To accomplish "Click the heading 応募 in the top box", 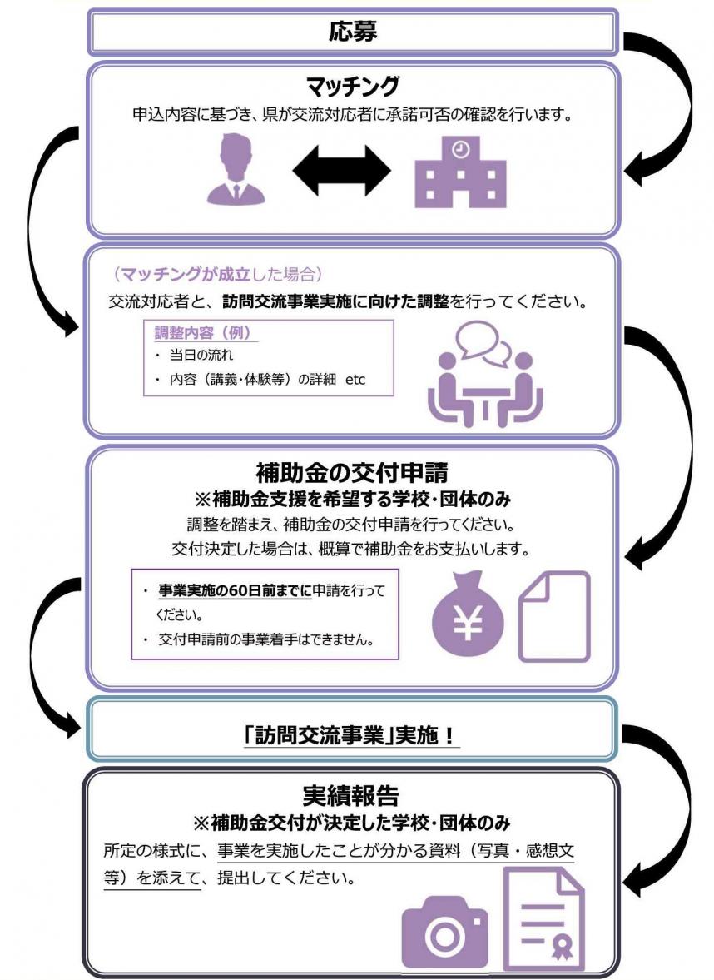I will tap(353, 32).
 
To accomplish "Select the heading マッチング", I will tap(353, 86).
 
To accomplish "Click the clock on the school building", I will tap(461, 150).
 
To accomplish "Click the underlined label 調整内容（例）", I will tap(206, 333).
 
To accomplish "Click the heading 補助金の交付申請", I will tap(353, 474).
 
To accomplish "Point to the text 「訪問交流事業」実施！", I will tap(353, 737).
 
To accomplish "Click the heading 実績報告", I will tap(353, 797).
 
